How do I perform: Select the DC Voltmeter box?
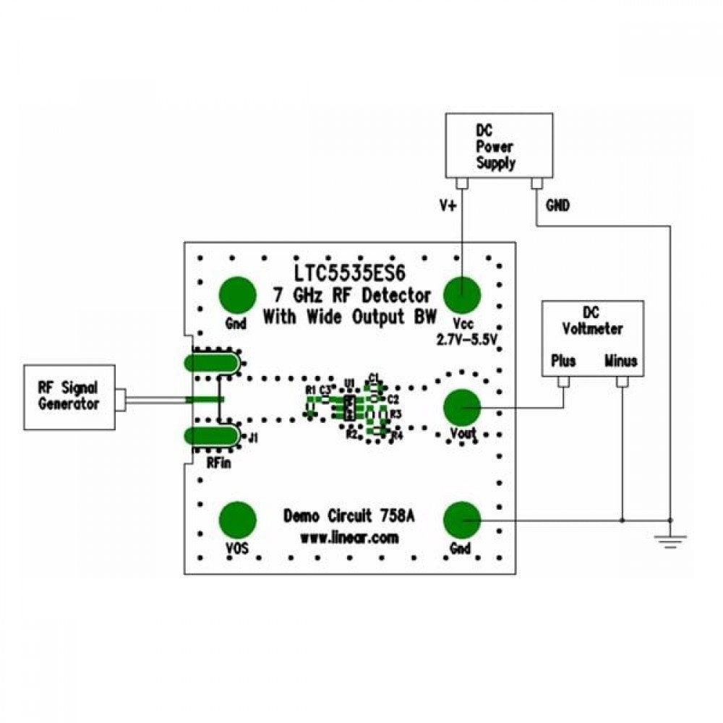pos(592,339)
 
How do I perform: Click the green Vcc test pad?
pos(462,294)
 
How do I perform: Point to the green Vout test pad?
pos(462,408)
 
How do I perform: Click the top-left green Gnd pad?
pos(238,294)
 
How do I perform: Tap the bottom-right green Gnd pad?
pos(462,520)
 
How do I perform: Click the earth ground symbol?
pos(670,539)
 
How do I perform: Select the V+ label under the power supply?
pos(448,206)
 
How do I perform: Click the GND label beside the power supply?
pos(557,206)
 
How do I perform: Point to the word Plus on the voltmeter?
pos(563,359)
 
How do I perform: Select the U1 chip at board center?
pos(348,407)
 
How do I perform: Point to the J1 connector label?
pos(253,437)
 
